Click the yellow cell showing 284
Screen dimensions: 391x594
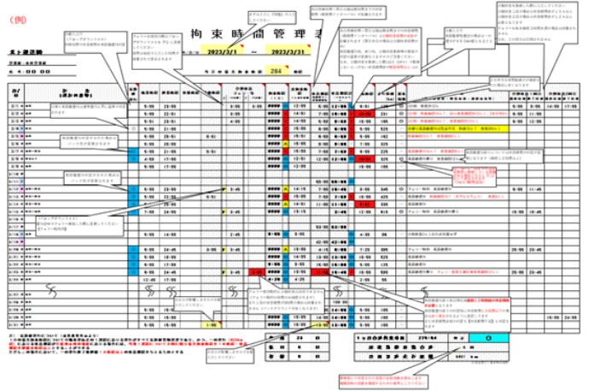point(276,72)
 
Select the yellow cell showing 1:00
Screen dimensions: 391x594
point(211,324)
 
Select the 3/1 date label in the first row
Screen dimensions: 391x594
point(15,108)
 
